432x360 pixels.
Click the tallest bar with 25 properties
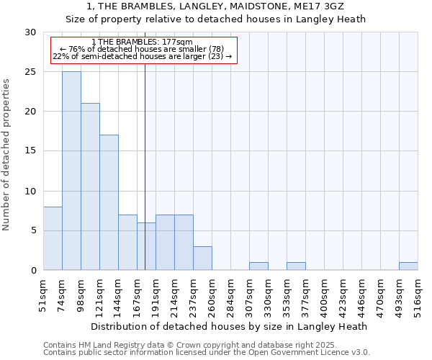[71, 171]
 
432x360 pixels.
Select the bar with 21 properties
[90, 186]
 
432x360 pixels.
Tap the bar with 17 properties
[109, 202]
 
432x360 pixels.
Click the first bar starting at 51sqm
[53, 238]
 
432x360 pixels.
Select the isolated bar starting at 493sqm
[408, 266]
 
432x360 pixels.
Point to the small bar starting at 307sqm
[258, 266]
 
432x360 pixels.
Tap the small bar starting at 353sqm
[296, 266]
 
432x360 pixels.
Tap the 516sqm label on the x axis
[418, 297]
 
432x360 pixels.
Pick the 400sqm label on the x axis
[324, 297]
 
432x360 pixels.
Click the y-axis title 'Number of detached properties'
[6, 154]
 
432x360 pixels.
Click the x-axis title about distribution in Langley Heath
[230, 326]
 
